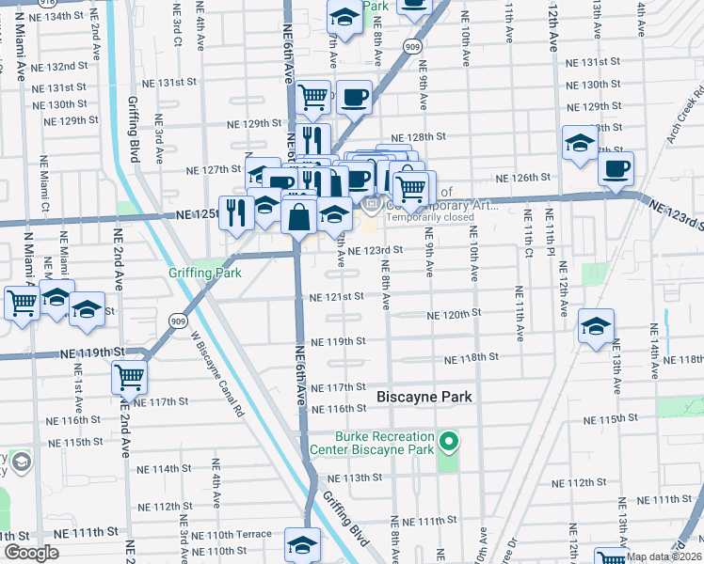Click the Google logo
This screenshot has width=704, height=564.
tap(30, 553)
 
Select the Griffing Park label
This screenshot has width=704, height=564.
tap(204, 273)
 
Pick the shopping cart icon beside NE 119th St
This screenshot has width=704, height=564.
tap(129, 377)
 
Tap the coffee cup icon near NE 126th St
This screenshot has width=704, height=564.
tap(616, 168)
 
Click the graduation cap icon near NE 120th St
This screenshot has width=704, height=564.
tap(596, 327)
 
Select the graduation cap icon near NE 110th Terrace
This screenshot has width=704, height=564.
tap(302, 544)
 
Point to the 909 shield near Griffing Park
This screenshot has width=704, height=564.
tap(179, 321)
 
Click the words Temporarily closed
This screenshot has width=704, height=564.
tap(429, 216)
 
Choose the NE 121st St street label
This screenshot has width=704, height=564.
tap(337, 297)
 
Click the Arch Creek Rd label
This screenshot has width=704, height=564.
tap(684, 120)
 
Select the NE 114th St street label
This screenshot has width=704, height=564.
tap(164, 468)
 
